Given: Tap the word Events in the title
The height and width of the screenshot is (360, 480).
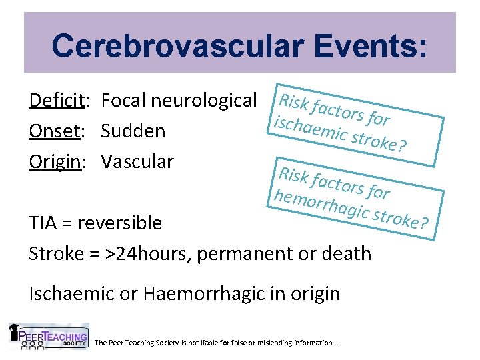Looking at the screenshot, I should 363,45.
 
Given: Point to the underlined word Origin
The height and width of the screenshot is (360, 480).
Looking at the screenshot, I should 55,161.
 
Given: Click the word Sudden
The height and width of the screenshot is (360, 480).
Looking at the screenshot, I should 133,131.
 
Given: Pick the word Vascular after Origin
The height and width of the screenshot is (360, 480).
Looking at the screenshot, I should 137,161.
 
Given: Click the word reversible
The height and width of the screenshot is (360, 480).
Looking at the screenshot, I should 119,223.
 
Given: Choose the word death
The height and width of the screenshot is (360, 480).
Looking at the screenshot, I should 347,253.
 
